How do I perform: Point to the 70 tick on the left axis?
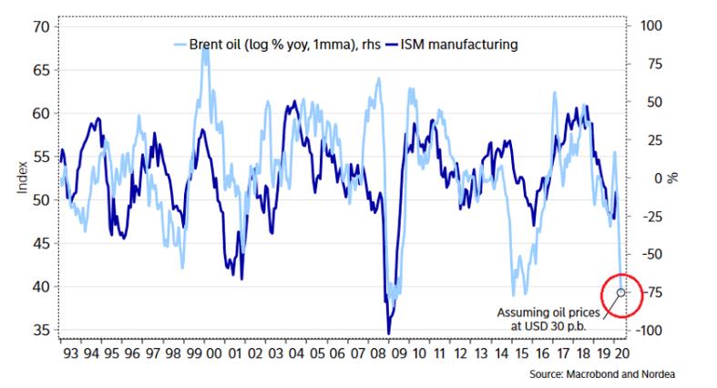pos(39,26)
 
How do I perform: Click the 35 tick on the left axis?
pos(39,330)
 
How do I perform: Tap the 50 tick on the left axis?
pos(39,199)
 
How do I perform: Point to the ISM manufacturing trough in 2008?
pos(389,332)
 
